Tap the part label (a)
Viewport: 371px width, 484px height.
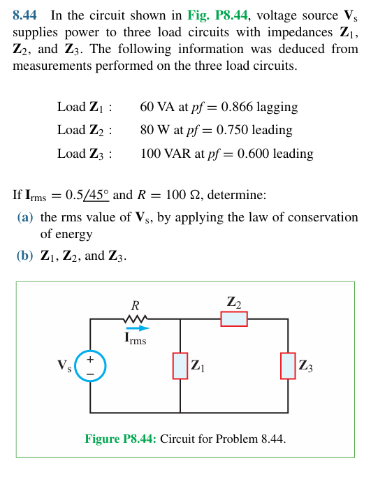[x=25, y=217]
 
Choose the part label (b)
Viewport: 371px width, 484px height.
[x=25, y=256]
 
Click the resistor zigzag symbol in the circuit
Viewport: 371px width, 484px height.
[x=136, y=319]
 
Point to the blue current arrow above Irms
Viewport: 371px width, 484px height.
[x=138, y=328]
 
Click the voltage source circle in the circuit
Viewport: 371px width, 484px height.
[x=90, y=366]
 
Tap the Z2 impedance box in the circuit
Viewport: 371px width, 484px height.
[x=234, y=319]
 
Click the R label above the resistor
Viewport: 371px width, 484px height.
[x=136, y=306]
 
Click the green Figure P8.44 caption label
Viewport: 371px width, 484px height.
[x=121, y=439]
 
